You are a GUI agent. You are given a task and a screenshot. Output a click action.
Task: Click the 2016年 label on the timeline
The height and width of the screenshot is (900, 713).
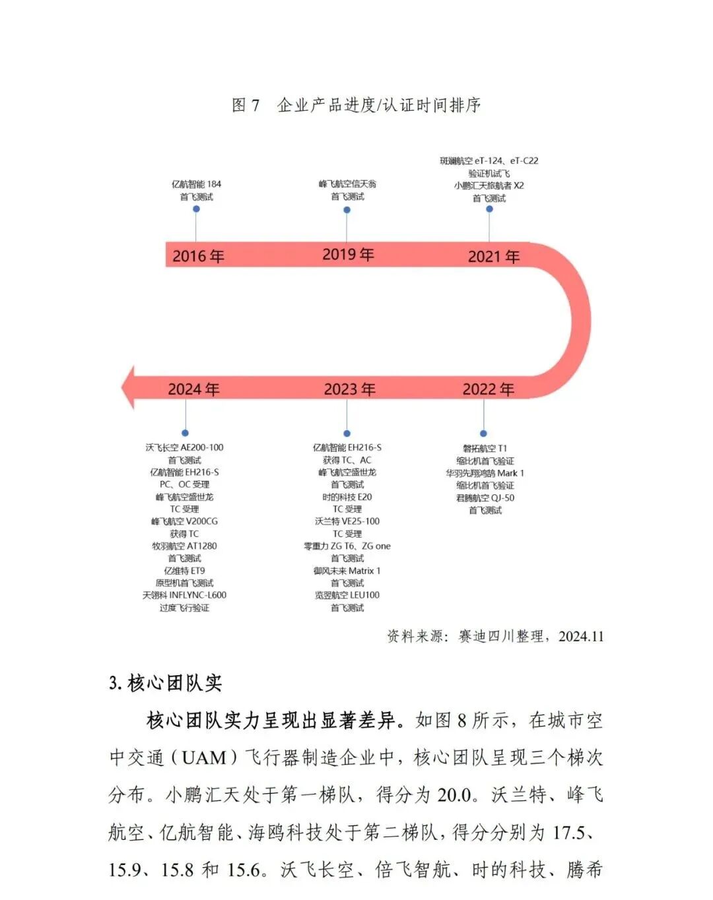click(198, 256)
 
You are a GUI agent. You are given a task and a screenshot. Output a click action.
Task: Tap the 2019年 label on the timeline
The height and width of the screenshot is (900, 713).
click(348, 255)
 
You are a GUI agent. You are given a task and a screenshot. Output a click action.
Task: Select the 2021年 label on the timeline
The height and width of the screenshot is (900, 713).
click(494, 257)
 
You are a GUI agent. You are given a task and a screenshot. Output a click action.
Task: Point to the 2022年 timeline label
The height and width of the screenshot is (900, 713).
click(488, 389)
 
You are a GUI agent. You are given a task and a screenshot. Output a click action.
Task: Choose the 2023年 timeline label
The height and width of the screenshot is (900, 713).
click(349, 389)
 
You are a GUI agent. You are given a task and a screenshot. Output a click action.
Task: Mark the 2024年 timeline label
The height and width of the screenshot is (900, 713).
click(193, 389)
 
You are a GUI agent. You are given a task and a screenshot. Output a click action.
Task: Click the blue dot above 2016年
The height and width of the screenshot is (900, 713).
click(196, 209)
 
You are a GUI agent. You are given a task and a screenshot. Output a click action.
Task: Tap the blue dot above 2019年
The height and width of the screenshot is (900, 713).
click(347, 210)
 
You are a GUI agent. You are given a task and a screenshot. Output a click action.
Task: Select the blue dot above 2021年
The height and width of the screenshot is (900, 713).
click(489, 209)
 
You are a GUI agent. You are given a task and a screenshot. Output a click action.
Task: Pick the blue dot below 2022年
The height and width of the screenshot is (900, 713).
click(483, 434)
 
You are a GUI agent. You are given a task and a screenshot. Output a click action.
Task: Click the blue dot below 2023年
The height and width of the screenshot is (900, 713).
click(347, 434)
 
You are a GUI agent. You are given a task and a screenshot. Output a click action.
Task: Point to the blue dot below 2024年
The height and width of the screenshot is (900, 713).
click(186, 433)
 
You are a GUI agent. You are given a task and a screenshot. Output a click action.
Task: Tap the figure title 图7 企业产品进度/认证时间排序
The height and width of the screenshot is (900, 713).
click(356, 105)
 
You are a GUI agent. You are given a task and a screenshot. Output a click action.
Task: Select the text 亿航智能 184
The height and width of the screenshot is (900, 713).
click(197, 184)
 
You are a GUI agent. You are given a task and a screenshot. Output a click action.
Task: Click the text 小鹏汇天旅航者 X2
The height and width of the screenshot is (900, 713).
click(489, 185)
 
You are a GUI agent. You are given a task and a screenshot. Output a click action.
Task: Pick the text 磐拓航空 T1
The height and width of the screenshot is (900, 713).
click(485, 448)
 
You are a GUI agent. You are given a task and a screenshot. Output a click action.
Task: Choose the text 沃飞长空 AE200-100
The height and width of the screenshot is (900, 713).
click(185, 447)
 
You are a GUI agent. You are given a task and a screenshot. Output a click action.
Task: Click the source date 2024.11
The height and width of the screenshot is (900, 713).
click(581, 637)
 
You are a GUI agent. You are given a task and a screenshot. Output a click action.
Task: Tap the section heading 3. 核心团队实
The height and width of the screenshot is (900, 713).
click(165, 683)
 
